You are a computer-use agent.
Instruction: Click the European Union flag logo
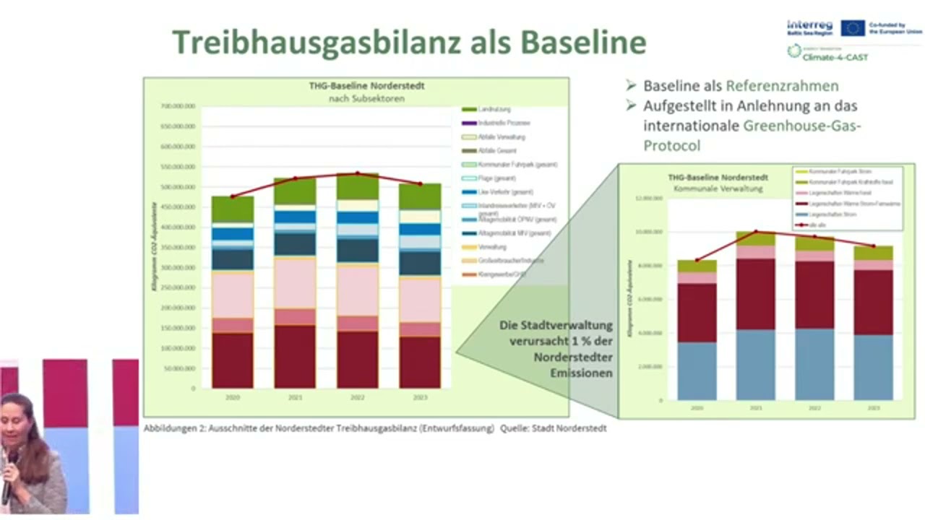(853, 28)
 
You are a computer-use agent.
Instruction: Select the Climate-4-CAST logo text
(838, 56)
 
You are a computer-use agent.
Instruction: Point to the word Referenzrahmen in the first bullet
(783, 86)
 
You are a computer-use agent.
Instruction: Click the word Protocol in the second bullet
(672, 145)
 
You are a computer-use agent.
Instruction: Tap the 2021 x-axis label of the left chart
(294, 397)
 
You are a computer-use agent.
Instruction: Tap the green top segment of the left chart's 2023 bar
(420, 196)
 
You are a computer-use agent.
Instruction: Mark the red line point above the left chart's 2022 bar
(357, 173)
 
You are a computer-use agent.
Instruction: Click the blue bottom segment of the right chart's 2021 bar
(755, 365)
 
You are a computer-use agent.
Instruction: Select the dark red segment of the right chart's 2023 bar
(872, 302)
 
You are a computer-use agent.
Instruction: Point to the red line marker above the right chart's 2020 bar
(697, 260)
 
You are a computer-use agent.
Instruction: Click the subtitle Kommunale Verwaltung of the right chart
(707, 187)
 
